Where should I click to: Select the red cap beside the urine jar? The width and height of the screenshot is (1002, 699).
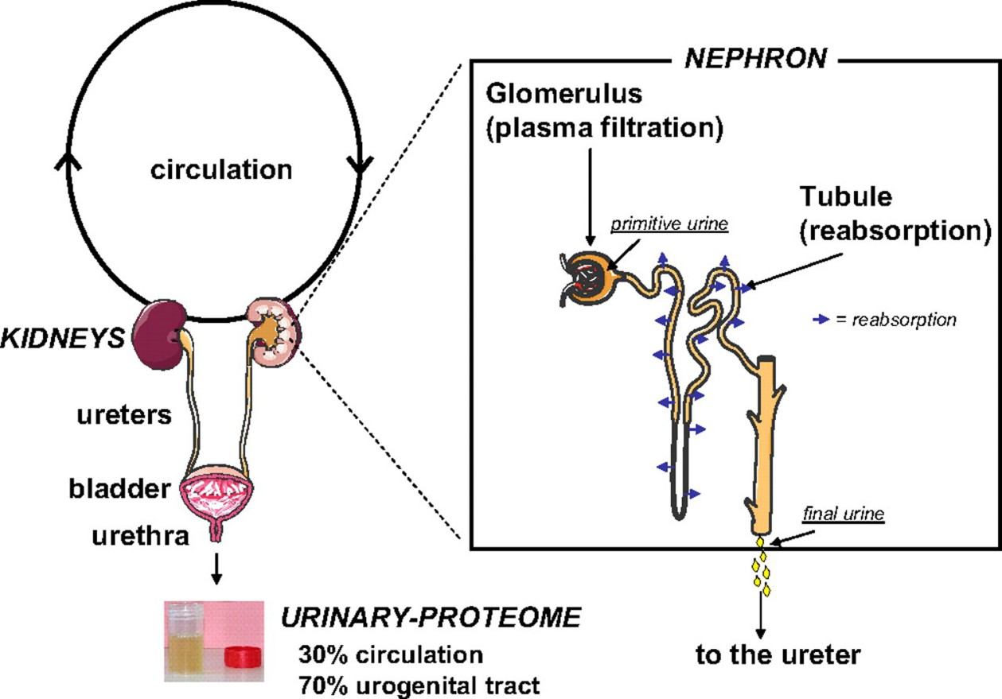[x=242, y=656]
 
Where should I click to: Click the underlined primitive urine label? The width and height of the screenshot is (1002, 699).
[x=669, y=224]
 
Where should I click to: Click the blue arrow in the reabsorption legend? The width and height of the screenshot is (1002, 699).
[x=821, y=320]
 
